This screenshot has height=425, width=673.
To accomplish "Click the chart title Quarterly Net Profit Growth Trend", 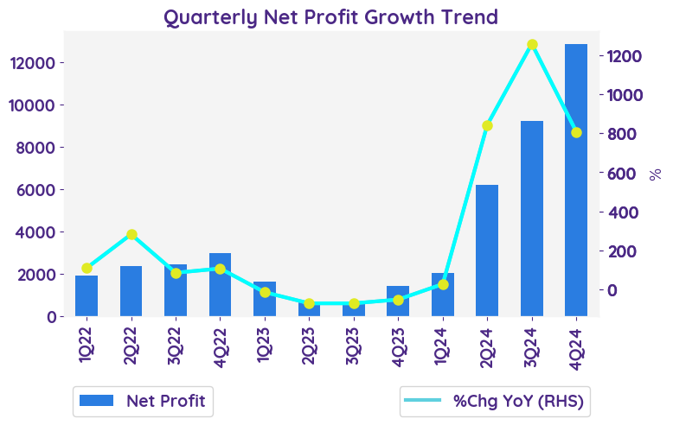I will [330, 16].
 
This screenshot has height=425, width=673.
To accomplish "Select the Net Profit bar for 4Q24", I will [576, 180].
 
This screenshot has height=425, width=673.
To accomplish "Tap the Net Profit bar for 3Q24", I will [532, 219].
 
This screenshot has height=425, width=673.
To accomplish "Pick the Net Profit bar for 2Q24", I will [487, 251].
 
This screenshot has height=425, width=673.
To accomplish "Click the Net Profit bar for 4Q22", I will [220, 285].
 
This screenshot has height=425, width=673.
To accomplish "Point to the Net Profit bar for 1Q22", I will [87, 296].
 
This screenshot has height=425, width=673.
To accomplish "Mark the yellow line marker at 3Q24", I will [532, 44].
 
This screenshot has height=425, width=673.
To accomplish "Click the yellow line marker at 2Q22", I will [131, 234].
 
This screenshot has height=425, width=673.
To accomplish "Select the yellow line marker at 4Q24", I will [576, 132].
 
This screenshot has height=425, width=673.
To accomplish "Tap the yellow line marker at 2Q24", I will [487, 125].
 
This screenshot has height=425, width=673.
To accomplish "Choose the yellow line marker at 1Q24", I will [443, 284].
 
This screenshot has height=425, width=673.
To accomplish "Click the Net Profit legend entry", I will [144, 401].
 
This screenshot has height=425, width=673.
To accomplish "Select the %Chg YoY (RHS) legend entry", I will [495, 401].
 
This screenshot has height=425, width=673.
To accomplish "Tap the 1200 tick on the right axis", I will [625, 56].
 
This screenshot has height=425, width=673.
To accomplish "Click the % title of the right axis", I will [655, 174].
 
